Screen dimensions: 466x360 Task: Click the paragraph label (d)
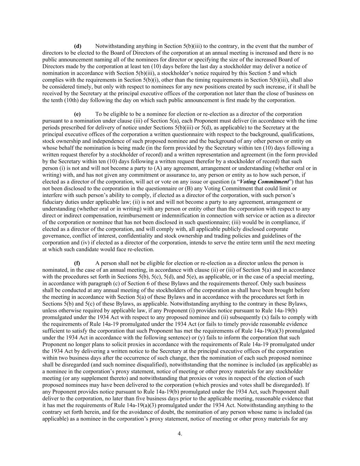[x=77, y=46]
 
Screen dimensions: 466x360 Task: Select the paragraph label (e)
[x=77, y=114]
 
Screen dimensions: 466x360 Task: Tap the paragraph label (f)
[x=77, y=263]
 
